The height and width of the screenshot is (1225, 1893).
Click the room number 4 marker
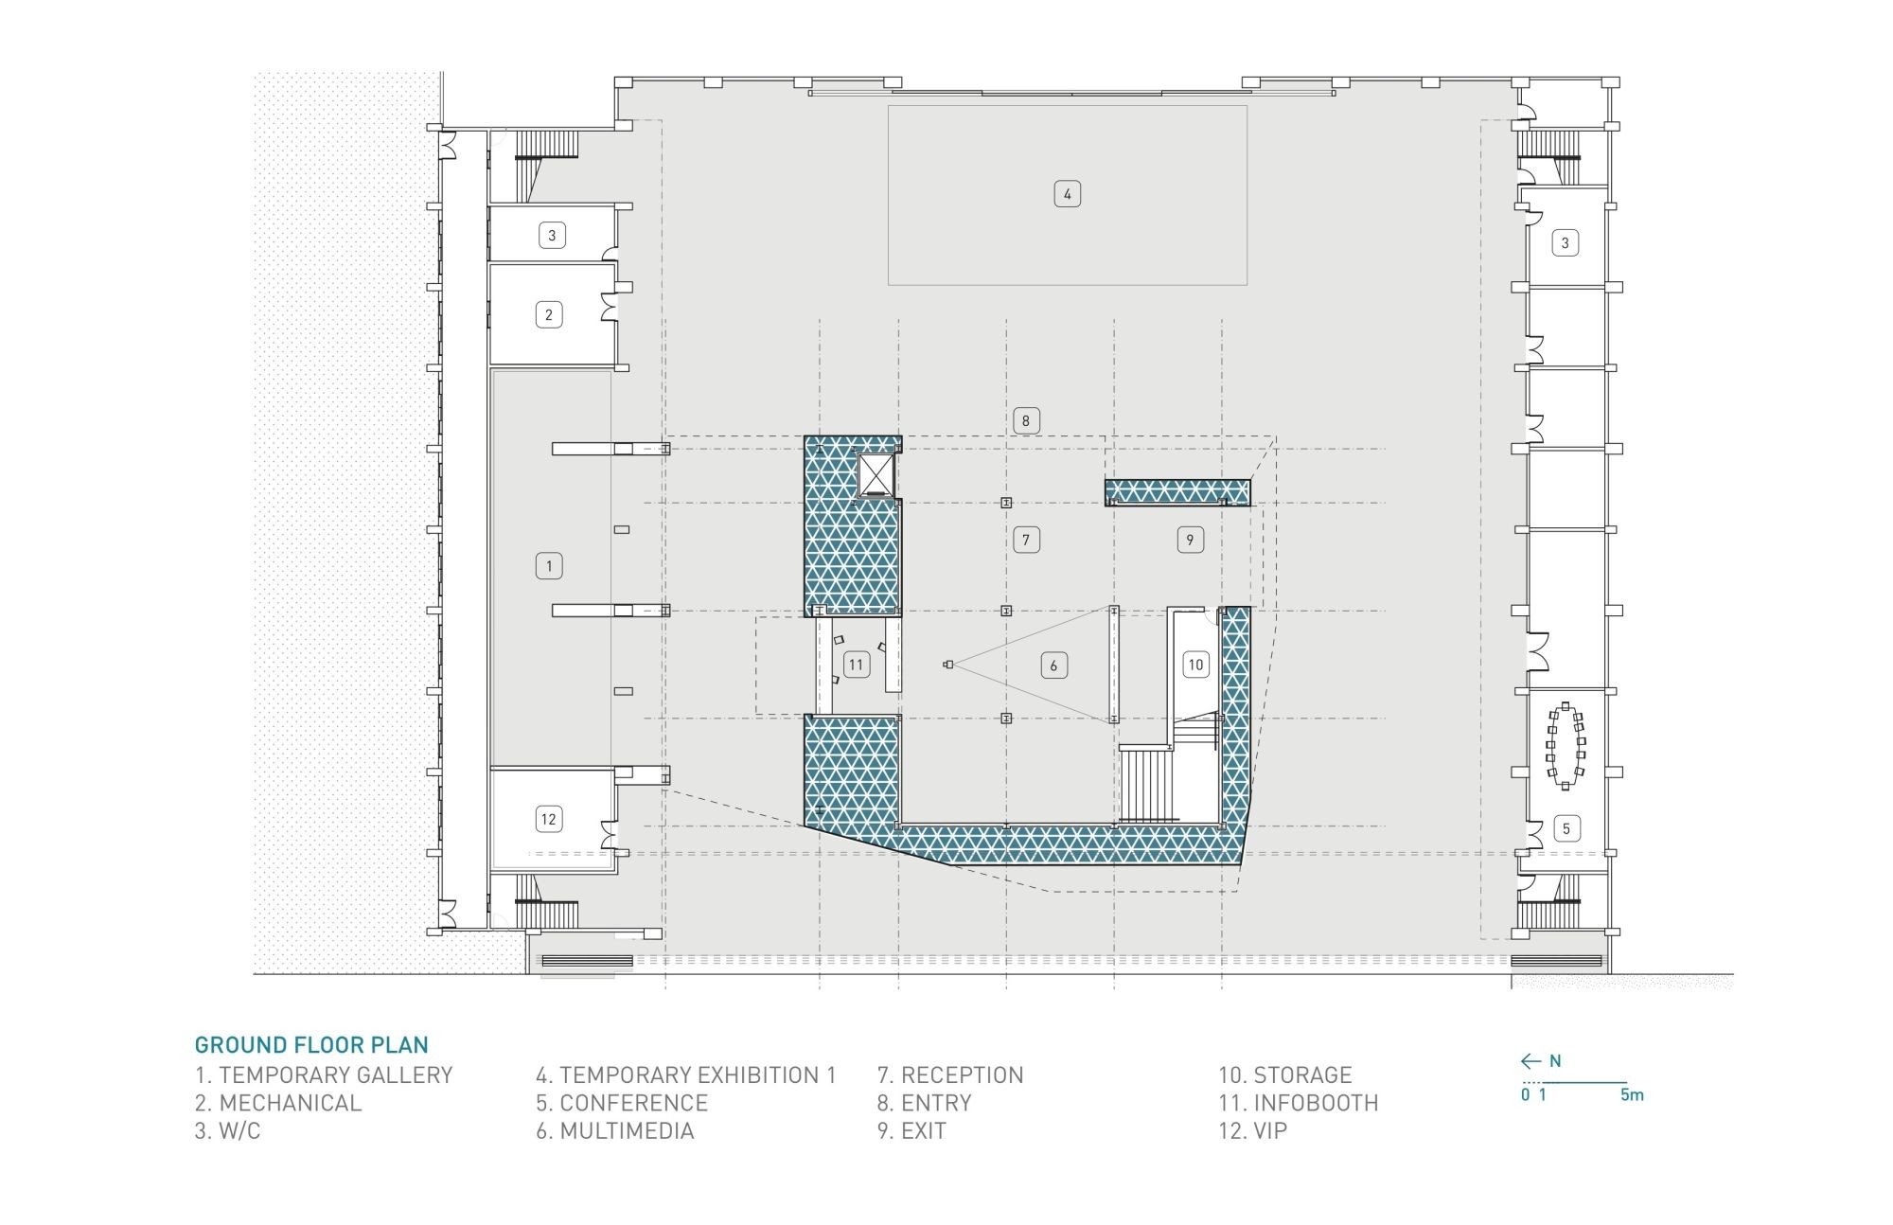(1067, 194)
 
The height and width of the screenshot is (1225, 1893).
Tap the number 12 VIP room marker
(548, 819)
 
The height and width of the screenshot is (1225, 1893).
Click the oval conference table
(1566, 746)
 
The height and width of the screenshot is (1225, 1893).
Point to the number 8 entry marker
(1025, 420)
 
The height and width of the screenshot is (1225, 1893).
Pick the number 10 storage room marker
(1195, 665)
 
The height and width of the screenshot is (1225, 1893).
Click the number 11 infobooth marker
(856, 665)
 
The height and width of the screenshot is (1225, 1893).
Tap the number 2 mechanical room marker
(548, 314)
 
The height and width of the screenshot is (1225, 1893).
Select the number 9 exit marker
(1190, 540)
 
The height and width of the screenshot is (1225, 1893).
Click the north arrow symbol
(1531, 1061)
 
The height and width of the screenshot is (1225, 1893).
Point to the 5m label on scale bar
(1632, 1095)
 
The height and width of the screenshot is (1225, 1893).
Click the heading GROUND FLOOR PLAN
(311, 1045)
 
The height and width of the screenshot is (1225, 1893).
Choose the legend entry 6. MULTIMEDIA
(615, 1130)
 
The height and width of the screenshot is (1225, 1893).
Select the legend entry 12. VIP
(1252, 1130)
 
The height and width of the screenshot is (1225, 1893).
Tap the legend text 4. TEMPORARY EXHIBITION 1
(686, 1075)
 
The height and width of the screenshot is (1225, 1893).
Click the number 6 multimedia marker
(1053, 666)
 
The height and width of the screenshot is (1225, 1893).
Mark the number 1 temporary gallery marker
(548, 566)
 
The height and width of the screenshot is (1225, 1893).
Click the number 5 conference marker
(1566, 829)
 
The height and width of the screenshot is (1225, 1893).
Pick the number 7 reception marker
(1026, 540)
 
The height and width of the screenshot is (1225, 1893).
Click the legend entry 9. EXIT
(911, 1130)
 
